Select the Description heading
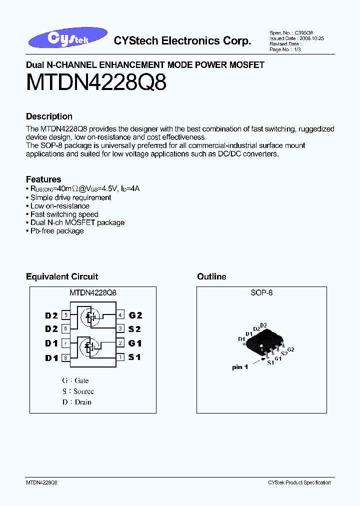(49, 116)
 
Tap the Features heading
(43, 179)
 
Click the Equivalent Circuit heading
(62, 276)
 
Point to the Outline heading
(211, 276)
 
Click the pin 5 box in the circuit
(65, 315)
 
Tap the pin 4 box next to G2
(120, 315)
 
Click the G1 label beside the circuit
(135, 343)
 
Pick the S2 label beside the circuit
(135, 329)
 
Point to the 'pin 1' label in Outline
(240, 367)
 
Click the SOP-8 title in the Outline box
(261, 293)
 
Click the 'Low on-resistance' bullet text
(60, 206)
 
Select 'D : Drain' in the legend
(77, 402)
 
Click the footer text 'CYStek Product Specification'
(299, 482)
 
